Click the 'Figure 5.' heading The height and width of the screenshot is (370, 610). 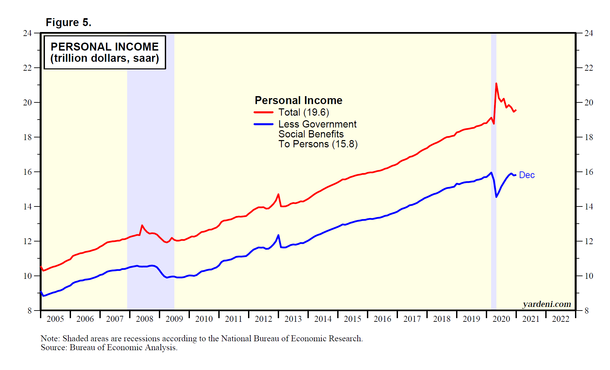pos(68,22)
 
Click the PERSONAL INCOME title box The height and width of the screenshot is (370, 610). pos(105,52)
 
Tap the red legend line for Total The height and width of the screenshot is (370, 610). pos(263,112)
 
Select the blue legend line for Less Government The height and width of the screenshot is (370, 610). pos(263,124)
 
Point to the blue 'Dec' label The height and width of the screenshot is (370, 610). pos(526,175)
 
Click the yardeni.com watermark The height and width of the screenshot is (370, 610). pos(547,304)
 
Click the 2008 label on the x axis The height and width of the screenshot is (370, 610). pos(145,319)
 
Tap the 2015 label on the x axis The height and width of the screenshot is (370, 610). pos(353,319)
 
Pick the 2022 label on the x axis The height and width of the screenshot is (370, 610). pos(560,319)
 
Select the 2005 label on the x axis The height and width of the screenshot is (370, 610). pos(55,319)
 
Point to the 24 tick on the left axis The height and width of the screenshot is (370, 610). pos(27,33)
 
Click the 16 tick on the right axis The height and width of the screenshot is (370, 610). pos(589,172)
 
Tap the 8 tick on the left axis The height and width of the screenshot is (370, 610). pos(30,311)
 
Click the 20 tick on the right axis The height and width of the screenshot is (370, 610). pos(589,102)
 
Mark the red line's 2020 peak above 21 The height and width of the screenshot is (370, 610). pos(496,84)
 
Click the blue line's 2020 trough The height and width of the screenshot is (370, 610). pos(496,197)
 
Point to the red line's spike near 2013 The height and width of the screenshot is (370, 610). pos(278,195)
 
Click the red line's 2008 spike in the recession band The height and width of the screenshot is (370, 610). pos(142,226)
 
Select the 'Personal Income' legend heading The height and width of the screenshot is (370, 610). pos(298,100)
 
